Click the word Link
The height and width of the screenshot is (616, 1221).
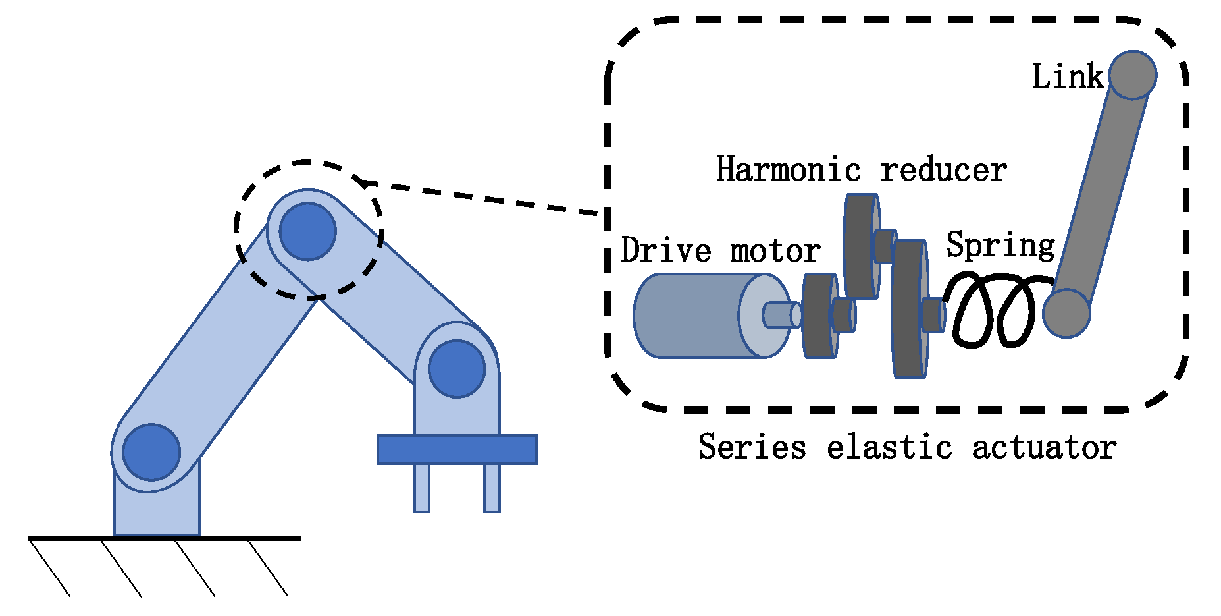click(x=1067, y=76)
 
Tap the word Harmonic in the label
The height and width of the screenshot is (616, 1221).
click(x=788, y=169)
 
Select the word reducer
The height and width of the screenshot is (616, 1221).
click(x=943, y=171)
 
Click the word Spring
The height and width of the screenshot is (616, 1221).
click(x=1000, y=246)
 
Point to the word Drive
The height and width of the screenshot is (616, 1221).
click(x=665, y=250)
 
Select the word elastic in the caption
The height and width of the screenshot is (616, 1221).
click(x=889, y=447)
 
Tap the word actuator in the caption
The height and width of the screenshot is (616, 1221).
click(x=1044, y=447)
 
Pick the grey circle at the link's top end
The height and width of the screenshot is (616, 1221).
click(x=1132, y=75)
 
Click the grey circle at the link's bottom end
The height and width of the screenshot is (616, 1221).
click(x=1066, y=314)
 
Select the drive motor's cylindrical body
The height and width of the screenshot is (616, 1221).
click(x=691, y=316)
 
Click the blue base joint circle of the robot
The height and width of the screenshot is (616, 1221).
click(x=151, y=452)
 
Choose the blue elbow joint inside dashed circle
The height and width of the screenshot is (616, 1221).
click(x=307, y=231)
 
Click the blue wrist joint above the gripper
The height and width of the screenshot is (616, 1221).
click(x=457, y=368)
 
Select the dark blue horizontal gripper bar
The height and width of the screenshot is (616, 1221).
click(x=457, y=449)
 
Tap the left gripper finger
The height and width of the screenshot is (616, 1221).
click(x=422, y=488)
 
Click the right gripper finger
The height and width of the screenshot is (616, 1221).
click(x=492, y=488)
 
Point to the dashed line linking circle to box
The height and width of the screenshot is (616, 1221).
click(x=481, y=198)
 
